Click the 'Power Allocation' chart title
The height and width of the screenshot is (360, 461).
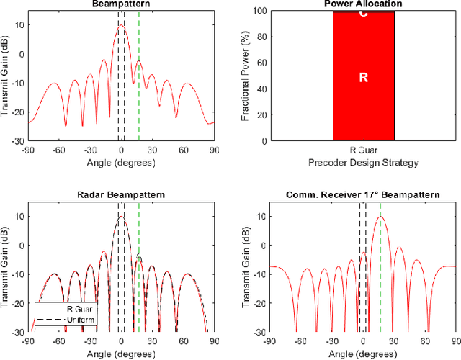pos(363,4)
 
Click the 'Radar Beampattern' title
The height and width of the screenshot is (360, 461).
pos(120,195)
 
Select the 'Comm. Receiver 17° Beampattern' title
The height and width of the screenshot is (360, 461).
pos(363,195)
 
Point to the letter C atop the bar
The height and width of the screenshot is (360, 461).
pos(363,15)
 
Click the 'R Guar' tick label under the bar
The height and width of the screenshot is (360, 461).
pos(363,152)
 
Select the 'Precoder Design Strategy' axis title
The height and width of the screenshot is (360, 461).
pos(363,163)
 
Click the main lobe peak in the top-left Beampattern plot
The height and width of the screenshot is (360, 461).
pos(121,25)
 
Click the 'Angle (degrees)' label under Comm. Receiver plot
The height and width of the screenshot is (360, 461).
pos(363,354)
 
